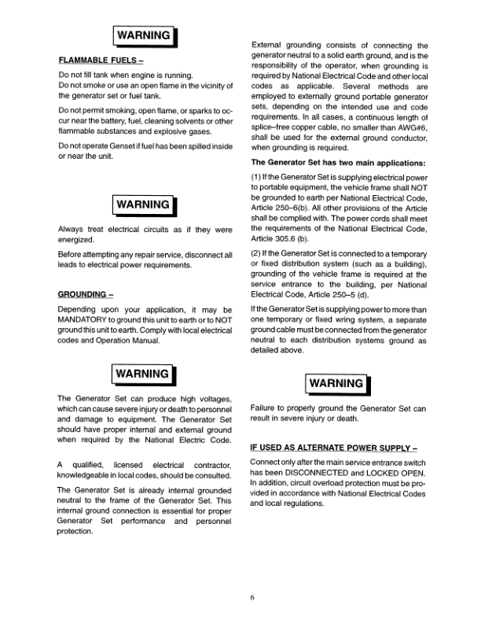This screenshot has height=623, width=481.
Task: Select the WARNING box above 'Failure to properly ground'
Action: click(x=338, y=384)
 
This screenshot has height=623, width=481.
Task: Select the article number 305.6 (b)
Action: click(x=281, y=238)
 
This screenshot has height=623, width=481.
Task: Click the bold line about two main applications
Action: click(x=338, y=163)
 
